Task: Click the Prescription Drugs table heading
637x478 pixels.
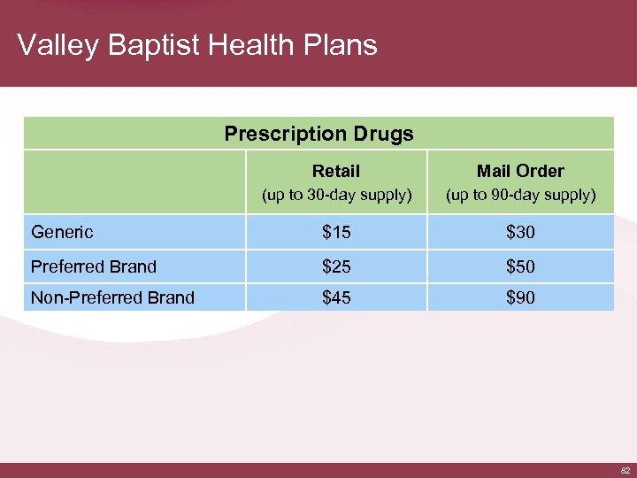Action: [x=318, y=135]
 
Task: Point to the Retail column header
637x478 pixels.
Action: [x=336, y=171]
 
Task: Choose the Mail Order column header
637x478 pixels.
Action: [x=520, y=171]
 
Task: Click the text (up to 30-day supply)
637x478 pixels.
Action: [x=336, y=195]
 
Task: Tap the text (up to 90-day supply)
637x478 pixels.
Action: [x=520, y=195]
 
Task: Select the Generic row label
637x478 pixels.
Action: [x=62, y=233]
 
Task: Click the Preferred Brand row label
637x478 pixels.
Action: [x=93, y=266]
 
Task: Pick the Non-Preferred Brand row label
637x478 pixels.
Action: [x=112, y=297]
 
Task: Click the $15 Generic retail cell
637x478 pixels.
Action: [x=336, y=233]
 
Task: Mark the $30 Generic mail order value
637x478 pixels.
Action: [x=520, y=233]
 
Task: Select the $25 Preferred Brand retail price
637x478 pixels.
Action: [x=336, y=266]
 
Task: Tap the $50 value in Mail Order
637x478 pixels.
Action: [x=520, y=266]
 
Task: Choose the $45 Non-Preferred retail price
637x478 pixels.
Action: [x=336, y=298]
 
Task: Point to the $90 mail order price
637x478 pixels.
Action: [x=520, y=298]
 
